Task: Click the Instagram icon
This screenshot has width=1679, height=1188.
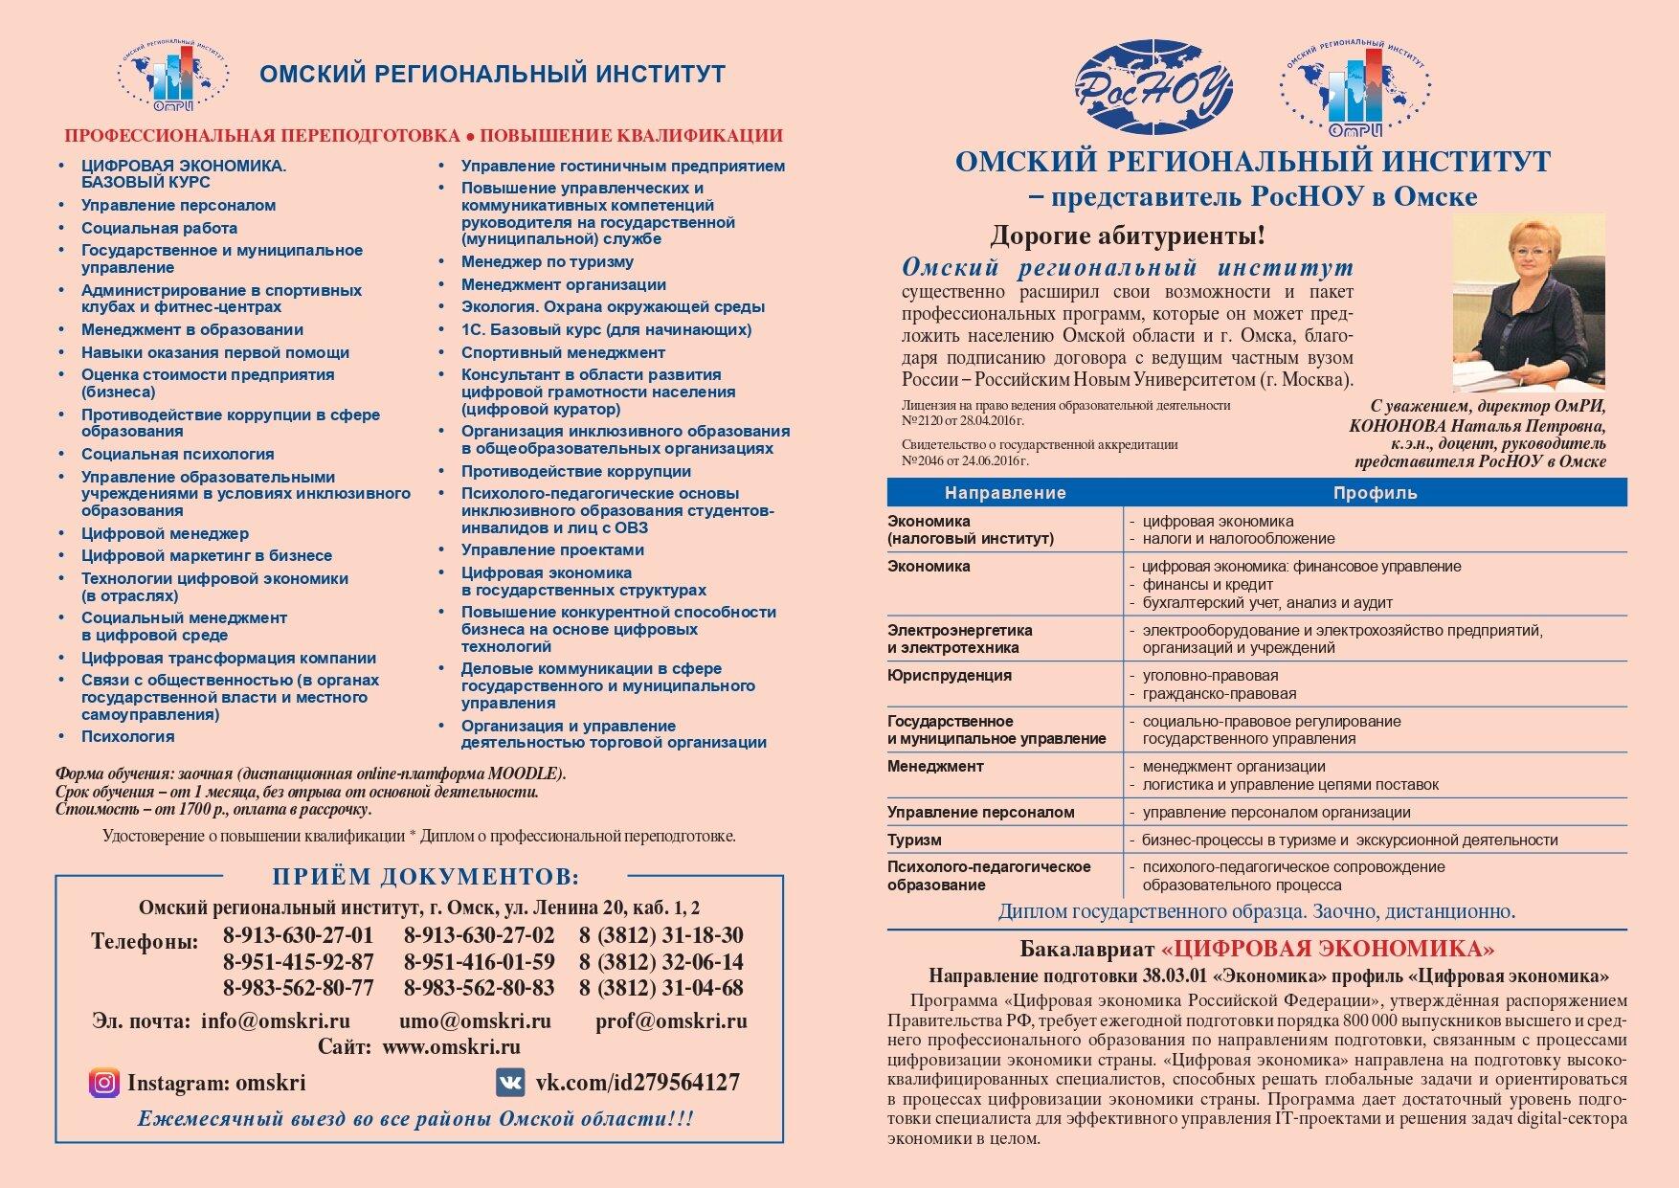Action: coord(104,1083)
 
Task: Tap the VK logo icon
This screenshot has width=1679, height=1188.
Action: coord(510,1083)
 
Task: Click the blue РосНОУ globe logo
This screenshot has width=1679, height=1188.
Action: coord(1153,88)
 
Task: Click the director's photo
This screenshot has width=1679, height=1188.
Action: coord(1528,303)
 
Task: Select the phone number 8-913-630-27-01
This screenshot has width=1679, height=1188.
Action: coord(298,935)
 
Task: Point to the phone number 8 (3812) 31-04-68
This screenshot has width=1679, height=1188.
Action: coord(660,988)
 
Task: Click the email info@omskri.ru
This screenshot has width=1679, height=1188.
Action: coord(275,1020)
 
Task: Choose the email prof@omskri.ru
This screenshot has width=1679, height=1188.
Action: coord(671,1020)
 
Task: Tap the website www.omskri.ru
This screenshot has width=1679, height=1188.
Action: coord(451,1046)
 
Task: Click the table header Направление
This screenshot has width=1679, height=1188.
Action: coord(1004,493)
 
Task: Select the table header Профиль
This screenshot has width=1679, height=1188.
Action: coord(1375,493)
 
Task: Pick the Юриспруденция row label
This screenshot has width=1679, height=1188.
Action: coord(949,676)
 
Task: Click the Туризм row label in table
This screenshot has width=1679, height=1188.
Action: coord(914,840)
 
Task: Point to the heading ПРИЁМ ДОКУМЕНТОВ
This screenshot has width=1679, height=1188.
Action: coord(426,877)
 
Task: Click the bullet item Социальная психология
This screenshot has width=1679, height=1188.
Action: coord(177,455)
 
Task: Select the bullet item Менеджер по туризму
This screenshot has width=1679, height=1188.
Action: coord(547,262)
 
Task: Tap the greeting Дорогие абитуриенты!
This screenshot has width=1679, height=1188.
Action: coord(1127,235)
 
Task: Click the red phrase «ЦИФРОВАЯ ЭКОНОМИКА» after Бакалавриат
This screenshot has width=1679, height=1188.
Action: coord(1328,949)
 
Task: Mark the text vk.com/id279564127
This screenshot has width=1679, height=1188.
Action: coord(637,1083)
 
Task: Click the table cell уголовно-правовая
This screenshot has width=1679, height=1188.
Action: coord(1209,676)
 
